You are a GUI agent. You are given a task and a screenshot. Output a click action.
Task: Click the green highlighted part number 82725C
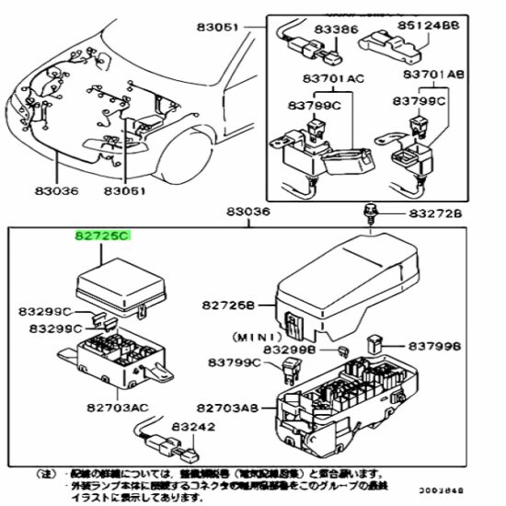point(103,236)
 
